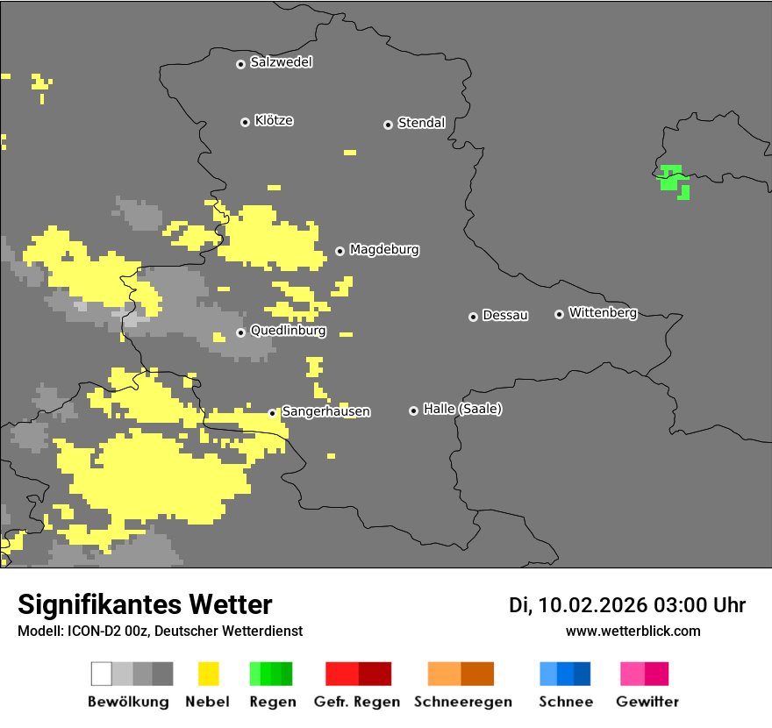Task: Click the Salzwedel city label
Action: (x=281, y=62)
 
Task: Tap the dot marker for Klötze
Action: (x=245, y=122)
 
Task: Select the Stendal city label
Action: (x=421, y=124)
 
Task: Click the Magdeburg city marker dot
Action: (x=340, y=251)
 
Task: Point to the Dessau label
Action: (x=505, y=316)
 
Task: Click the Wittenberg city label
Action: (x=603, y=312)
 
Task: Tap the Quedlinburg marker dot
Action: (x=240, y=332)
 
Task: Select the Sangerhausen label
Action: (x=325, y=411)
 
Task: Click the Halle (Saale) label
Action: (x=462, y=409)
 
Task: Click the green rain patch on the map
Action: (x=672, y=178)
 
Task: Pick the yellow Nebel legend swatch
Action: (x=209, y=674)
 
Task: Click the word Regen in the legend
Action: (x=271, y=702)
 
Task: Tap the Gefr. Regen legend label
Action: (x=357, y=702)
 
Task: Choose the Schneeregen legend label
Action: (x=463, y=702)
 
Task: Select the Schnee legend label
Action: (x=566, y=702)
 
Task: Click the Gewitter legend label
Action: (x=647, y=702)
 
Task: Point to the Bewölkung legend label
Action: (x=128, y=702)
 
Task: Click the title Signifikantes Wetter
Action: (x=145, y=605)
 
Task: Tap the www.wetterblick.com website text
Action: (x=633, y=632)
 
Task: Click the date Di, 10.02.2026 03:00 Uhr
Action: (x=626, y=605)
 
